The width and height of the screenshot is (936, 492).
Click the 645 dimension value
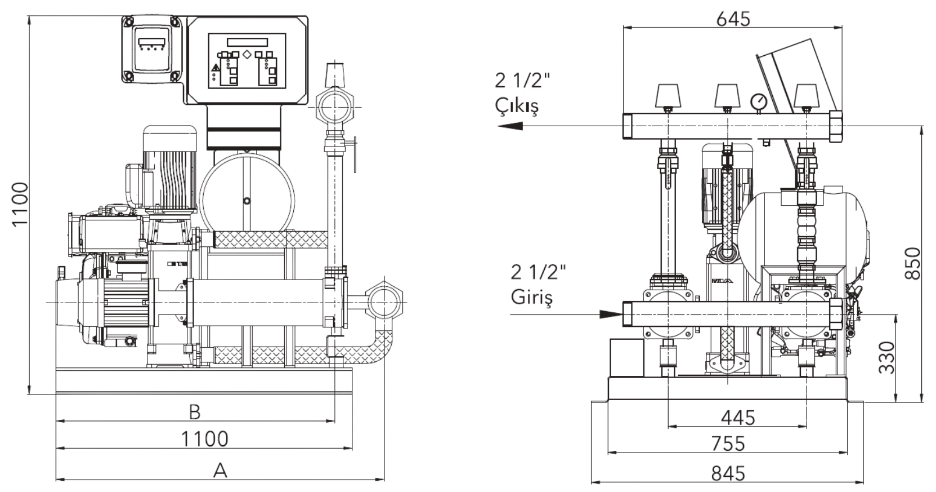coord(733,19)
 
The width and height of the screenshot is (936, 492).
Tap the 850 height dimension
coord(912,263)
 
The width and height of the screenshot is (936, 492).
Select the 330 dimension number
coord(886,357)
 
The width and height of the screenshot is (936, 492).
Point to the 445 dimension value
coord(738,418)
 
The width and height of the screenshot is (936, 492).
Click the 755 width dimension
coord(728,444)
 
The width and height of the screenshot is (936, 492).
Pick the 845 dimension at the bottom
coord(728,473)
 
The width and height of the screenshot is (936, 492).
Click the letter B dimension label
coord(195,412)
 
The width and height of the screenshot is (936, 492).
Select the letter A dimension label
coord(220,470)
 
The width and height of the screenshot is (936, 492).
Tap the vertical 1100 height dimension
coord(20,205)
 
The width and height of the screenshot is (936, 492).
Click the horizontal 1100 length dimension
coord(204,439)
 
